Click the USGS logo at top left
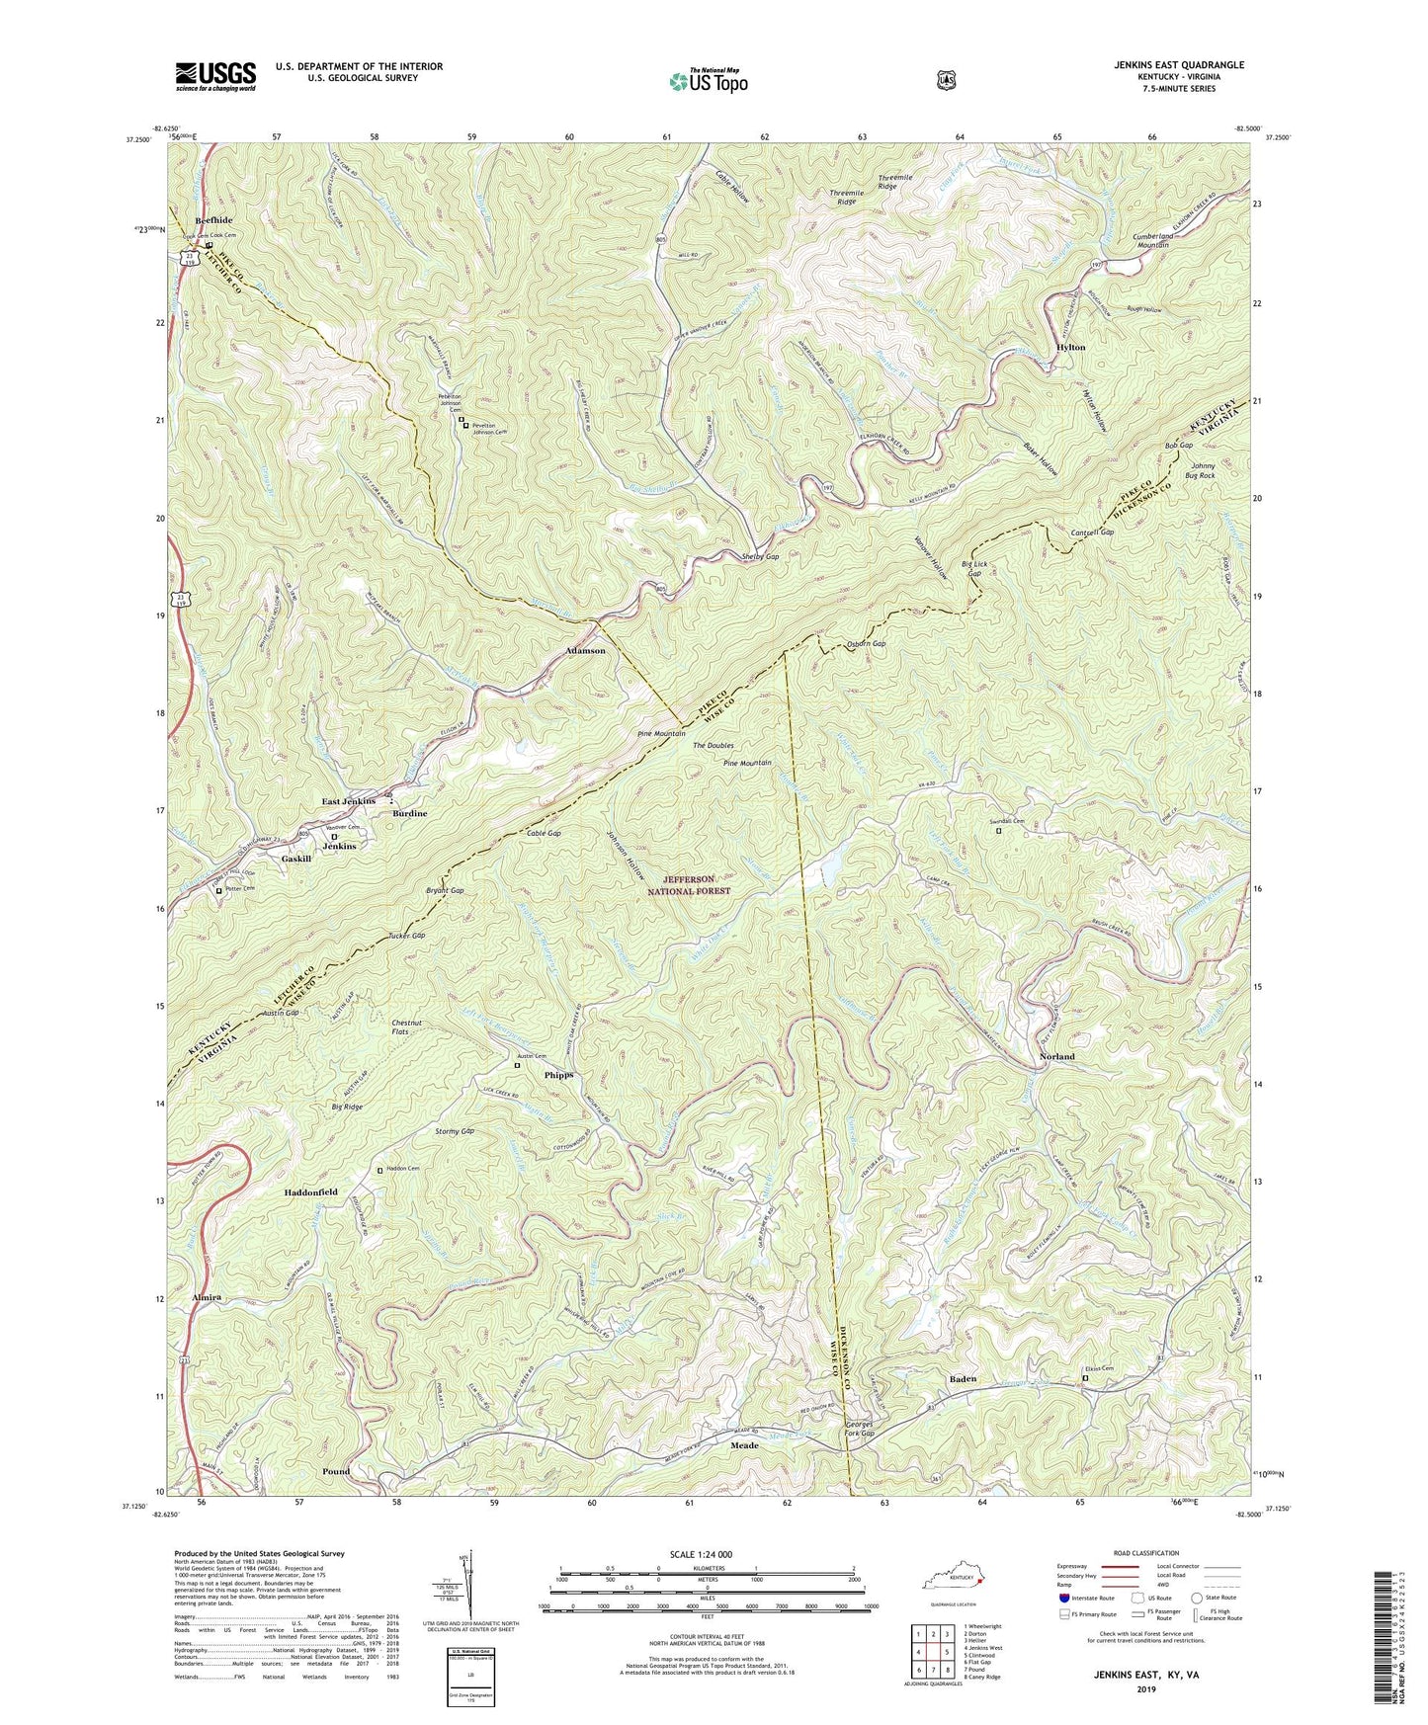[x=215, y=75]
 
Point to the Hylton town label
[x=1070, y=348]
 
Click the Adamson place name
[x=584, y=651]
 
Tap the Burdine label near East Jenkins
[x=409, y=813]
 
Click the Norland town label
[x=1056, y=1056]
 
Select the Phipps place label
[x=558, y=1075]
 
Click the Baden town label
[x=963, y=1378]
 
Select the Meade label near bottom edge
[x=744, y=1445]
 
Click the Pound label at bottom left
[x=336, y=1471]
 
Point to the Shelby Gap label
[x=760, y=557]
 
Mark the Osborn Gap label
[x=866, y=644]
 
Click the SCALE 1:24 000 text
[x=705, y=1555]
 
